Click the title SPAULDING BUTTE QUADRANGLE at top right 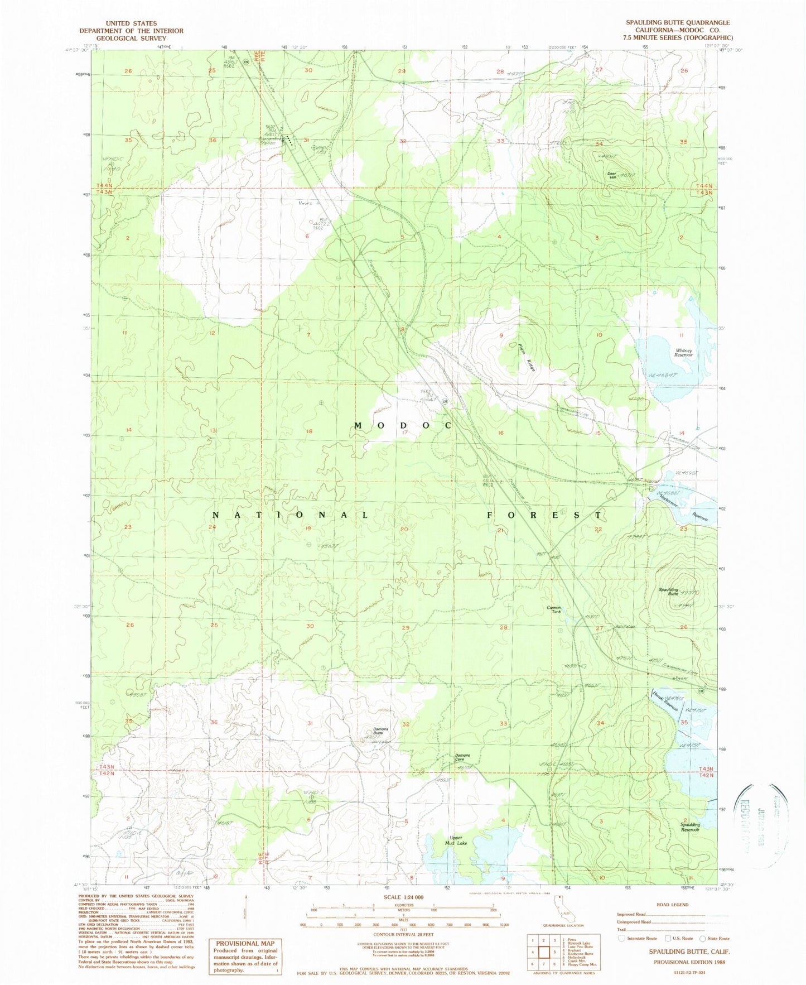[677, 23]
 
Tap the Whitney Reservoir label [683, 353]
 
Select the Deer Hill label [612, 175]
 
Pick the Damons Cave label [462, 757]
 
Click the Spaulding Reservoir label [689, 827]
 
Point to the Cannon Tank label [553, 609]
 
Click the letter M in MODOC [359, 425]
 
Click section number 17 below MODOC [405, 432]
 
